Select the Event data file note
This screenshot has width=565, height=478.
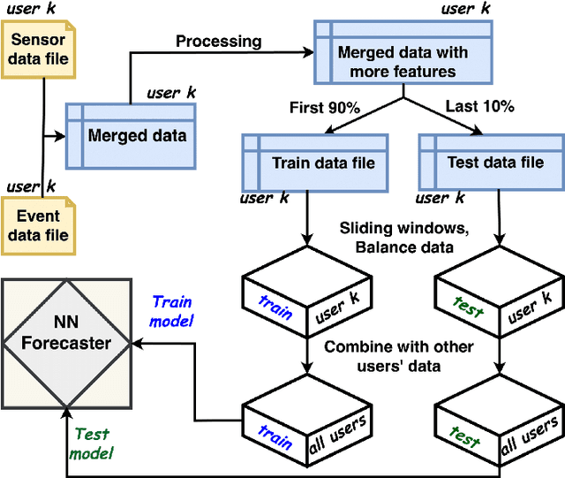[x=38, y=225]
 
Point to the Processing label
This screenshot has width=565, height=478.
[x=218, y=41]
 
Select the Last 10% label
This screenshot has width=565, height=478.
[x=478, y=109]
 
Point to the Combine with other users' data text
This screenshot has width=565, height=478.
[x=398, y=355]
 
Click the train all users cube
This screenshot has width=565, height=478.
[x=306, y=421]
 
